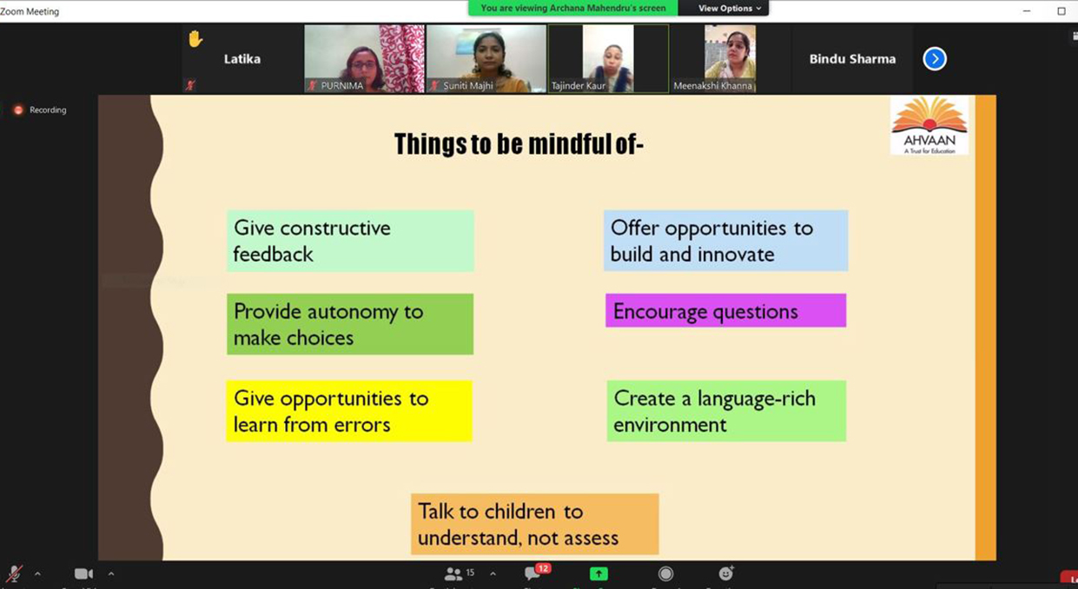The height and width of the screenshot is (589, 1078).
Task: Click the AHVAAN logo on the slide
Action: [929, 126]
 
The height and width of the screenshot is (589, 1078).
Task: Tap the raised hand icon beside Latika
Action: [195, 39]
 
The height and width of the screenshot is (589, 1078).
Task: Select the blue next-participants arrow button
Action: [935, 59]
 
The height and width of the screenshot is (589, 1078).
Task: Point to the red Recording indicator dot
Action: [18, 109]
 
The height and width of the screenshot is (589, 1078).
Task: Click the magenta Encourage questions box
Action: [725, 310]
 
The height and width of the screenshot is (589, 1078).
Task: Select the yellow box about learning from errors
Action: [349, 411]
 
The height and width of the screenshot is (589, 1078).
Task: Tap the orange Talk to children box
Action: [535, 524]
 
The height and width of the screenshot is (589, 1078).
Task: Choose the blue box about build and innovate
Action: [725, 241]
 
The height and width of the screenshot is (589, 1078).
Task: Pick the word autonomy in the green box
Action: [353, 313]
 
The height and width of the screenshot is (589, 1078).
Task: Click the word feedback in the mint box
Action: [273, 254]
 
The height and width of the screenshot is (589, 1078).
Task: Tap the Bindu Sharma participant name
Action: [852, 59]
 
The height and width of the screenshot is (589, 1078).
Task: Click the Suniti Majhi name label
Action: [468, 86]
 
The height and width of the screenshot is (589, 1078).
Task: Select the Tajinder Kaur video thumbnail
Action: [608, 59]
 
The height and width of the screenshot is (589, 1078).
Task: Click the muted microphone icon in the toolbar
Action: [15, 573]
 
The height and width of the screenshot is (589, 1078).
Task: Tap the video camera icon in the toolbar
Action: [83, 573]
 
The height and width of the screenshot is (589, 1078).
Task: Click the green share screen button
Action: [599, 573]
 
